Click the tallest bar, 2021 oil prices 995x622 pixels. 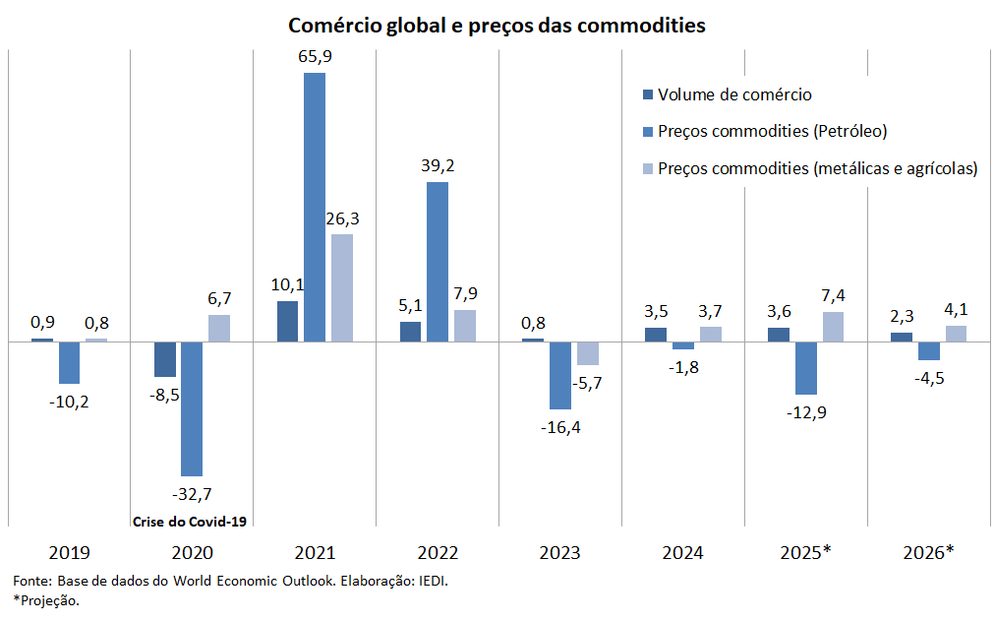pyautogui.click(x=314, y=207)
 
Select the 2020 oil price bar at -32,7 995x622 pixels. pyautogui.click(x=191, y=408)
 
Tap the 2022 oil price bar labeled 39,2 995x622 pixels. pyautogui.click(x=437, y=262)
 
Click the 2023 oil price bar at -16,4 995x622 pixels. pyautogui.click(x=559, y=375)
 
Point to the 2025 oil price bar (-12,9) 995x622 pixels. pyautogui.click(x=805, y=367)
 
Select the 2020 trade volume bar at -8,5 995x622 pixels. pyautogui.click(x=164, y=359)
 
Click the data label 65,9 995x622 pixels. pyautogui.click(x=315, y=57)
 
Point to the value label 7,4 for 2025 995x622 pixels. pyautogui.click(x=833, y=295)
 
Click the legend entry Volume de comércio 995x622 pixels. pyautogui.click(x=733, y=94)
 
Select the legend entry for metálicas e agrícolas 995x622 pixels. pyautogui.click(x=816, y=168)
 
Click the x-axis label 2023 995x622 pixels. pyautogui.click(x=559, y=553)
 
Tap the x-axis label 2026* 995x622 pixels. pyautogui.click(x=928, y=553)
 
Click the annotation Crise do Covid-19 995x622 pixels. pyautogui.click(x=188, y=521)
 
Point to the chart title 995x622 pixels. pyautogui.click(x=497, y=26)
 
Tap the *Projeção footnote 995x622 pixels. pyautogui.click(x=46, y=600)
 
